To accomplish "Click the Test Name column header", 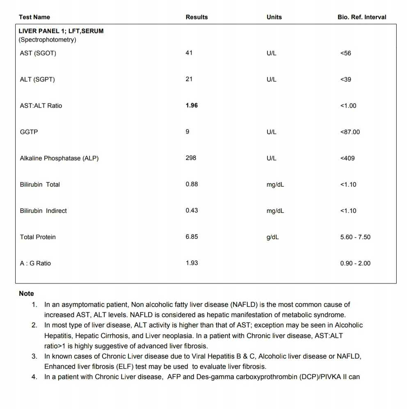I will pos(34,17).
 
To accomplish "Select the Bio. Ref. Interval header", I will pos(362,17).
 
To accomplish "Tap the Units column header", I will pos(274,17).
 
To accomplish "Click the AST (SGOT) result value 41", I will pos(189,53).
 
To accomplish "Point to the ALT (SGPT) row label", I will pos(37,80).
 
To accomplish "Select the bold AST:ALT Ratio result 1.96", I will pos(192,105).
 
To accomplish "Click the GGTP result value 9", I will pos(187,132).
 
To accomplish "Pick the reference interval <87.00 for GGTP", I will pos(350,132).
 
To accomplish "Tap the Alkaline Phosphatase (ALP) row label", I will pos(59,158).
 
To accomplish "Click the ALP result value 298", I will pos(191,158).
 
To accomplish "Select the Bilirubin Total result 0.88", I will pos(192,184).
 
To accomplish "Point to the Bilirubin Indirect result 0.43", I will pos(192,210).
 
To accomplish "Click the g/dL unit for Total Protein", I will pos(272,237).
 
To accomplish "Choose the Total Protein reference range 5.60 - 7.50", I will pos(355,237).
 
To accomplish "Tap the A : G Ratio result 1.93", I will pos(192,263).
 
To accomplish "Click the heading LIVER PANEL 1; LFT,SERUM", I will pos(61,31).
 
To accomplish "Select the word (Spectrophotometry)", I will pos(48,40).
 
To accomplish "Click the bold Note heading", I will pos(26,294).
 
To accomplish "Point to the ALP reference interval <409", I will pos(347,158).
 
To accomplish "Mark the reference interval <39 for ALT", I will pos(346,80).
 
